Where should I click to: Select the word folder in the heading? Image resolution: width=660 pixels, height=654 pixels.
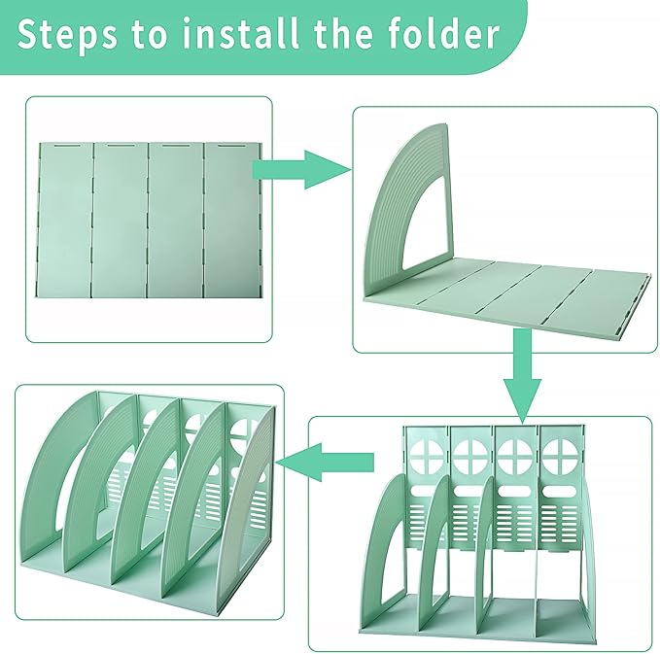pos(442,35)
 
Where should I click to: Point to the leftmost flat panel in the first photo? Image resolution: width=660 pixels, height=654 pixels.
pos(67,219)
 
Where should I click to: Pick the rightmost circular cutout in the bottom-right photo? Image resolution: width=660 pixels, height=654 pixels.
pos(563,453)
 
